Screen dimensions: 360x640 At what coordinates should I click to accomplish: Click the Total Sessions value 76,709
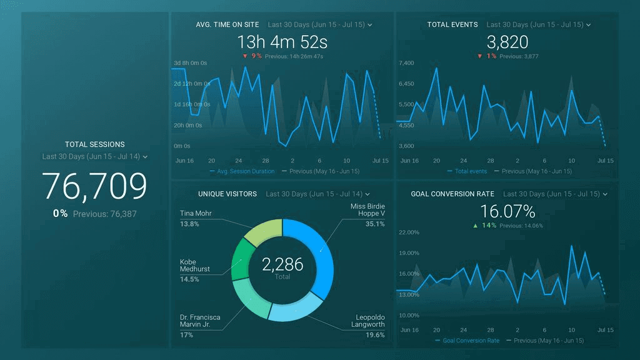point(94,186)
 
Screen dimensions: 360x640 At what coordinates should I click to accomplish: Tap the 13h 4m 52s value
point(282,42)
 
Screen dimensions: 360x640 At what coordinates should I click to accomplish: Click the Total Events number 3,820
point(507,42)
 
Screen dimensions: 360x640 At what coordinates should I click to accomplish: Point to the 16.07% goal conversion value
point(507,211)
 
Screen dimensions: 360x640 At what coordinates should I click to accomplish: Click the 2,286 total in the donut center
point(282,264)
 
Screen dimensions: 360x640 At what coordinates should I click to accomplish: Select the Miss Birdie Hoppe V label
point(367,211)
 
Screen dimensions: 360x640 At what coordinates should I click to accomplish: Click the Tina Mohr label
point(196,214)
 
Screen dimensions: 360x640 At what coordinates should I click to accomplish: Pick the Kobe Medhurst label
point(194,266)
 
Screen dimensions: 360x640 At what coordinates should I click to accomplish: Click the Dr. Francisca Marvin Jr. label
point(200,321)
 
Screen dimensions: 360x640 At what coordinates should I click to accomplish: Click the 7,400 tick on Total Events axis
point(406,63)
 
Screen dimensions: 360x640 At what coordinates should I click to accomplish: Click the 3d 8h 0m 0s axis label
point(190,63)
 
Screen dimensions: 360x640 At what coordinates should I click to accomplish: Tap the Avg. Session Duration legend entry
point(245,171)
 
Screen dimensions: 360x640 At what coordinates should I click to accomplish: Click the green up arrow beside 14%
point(475,226)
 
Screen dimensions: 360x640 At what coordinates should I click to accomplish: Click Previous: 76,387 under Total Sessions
point(104,214)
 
